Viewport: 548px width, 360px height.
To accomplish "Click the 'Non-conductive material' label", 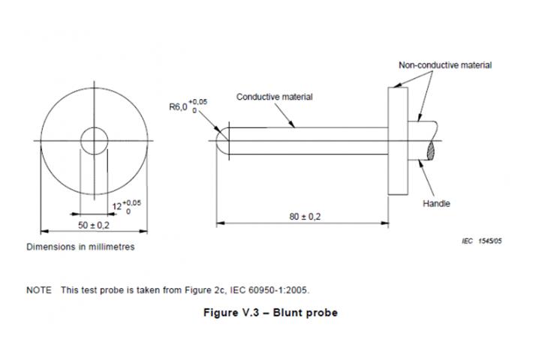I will [x=444, y=65].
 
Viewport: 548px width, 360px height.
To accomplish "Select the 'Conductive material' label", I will [x=275, y=97].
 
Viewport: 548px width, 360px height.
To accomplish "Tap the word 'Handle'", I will [x=437, y=204].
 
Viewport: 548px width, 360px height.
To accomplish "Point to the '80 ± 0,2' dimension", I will [x=305, y=216].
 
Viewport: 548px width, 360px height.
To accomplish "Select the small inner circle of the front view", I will [x=95, y=139].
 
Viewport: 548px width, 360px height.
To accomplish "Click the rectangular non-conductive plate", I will [x=397, y=139].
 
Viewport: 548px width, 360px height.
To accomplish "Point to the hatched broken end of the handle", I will [x=433, y=151].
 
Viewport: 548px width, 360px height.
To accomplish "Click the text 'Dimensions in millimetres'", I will [x=80, y=247].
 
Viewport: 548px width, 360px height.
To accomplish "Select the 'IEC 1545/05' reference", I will [x=480, y=241].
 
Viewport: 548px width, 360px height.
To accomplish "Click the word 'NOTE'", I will [x=39, y=290].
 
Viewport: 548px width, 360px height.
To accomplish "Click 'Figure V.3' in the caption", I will [x=230, y=313].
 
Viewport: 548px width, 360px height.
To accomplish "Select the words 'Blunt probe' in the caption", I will [x=309, y=313].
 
